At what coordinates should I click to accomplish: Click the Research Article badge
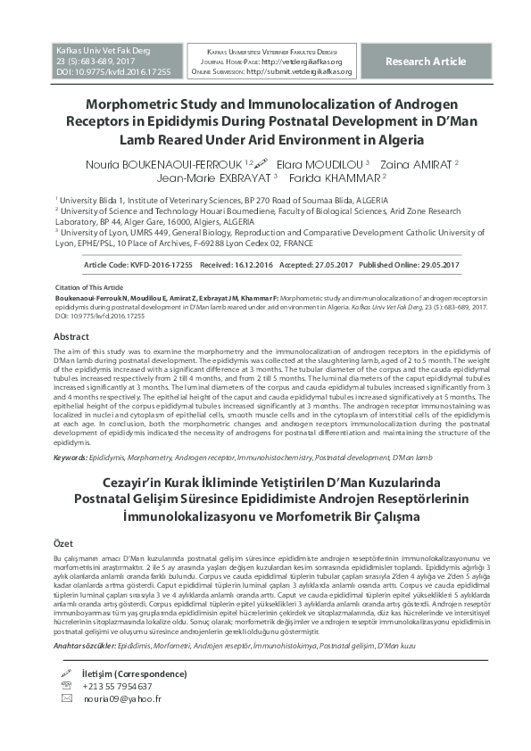pos(425,62)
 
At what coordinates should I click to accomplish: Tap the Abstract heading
pos(71,337)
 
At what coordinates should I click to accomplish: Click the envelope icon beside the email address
pos(65,699)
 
